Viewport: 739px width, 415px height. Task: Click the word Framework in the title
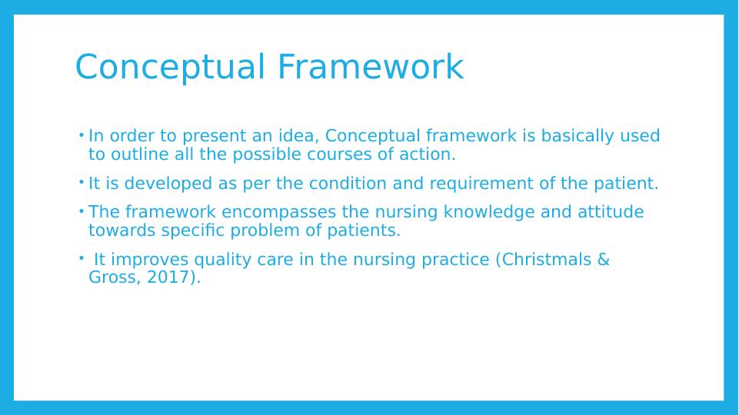(x=371, y=67)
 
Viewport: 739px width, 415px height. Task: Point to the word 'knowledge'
(x=489, y=212)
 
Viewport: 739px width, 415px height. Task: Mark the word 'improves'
(x=150, y=261)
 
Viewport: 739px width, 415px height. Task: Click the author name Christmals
(x=547, y=259)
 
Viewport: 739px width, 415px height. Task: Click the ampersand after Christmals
(x=603, y=260)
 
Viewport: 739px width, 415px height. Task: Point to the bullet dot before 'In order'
(x=81, y=135)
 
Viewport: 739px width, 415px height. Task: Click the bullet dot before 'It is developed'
(x=81, y=181)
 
